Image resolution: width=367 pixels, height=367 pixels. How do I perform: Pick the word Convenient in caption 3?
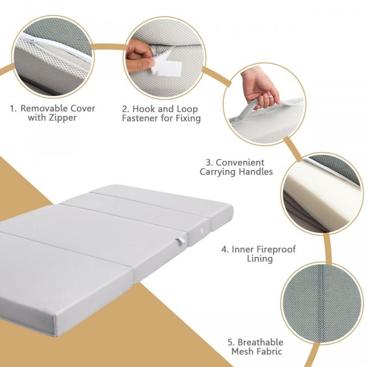point(240,162)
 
